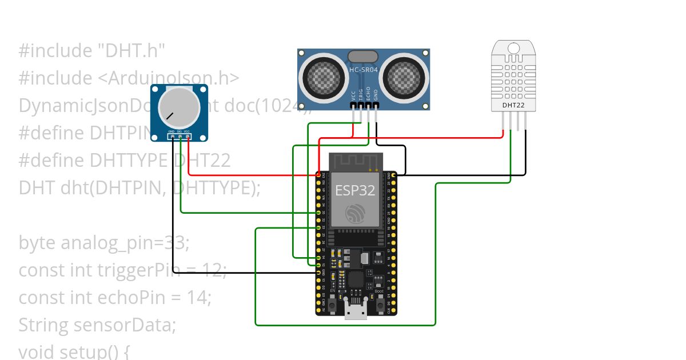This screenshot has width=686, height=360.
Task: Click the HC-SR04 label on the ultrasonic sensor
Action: click(x=364, y=70)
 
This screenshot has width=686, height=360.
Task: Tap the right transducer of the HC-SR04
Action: click(x=405, y=74)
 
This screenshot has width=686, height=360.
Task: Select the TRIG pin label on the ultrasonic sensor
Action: click(x=361, y=94)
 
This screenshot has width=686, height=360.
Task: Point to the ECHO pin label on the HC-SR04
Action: click(x=368, y=94)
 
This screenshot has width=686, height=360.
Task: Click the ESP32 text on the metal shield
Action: click(x=355, y=190)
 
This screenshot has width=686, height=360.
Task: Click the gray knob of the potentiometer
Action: click(x=179, y=107)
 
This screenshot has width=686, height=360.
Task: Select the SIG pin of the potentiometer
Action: click(x=180, y=136)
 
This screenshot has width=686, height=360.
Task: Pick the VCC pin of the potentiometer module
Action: click(x=188, y=136)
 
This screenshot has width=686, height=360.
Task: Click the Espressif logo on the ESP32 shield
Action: click(x=355, y=215)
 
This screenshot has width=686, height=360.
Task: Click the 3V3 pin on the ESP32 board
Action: click(x=318, y=174)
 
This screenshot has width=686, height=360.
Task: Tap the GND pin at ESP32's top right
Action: click(x=393, y=174)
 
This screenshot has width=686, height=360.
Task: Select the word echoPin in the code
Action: click(x=126, y=298)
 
